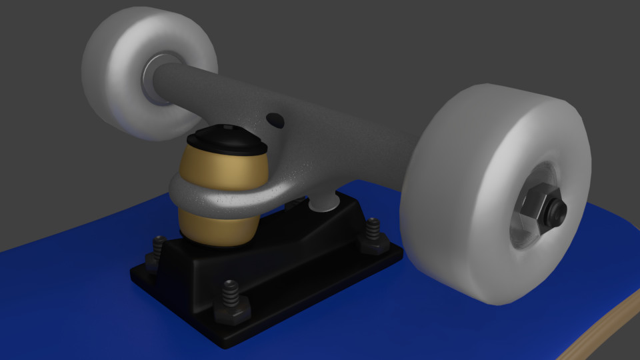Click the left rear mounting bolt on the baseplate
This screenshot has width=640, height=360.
(157, 250)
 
